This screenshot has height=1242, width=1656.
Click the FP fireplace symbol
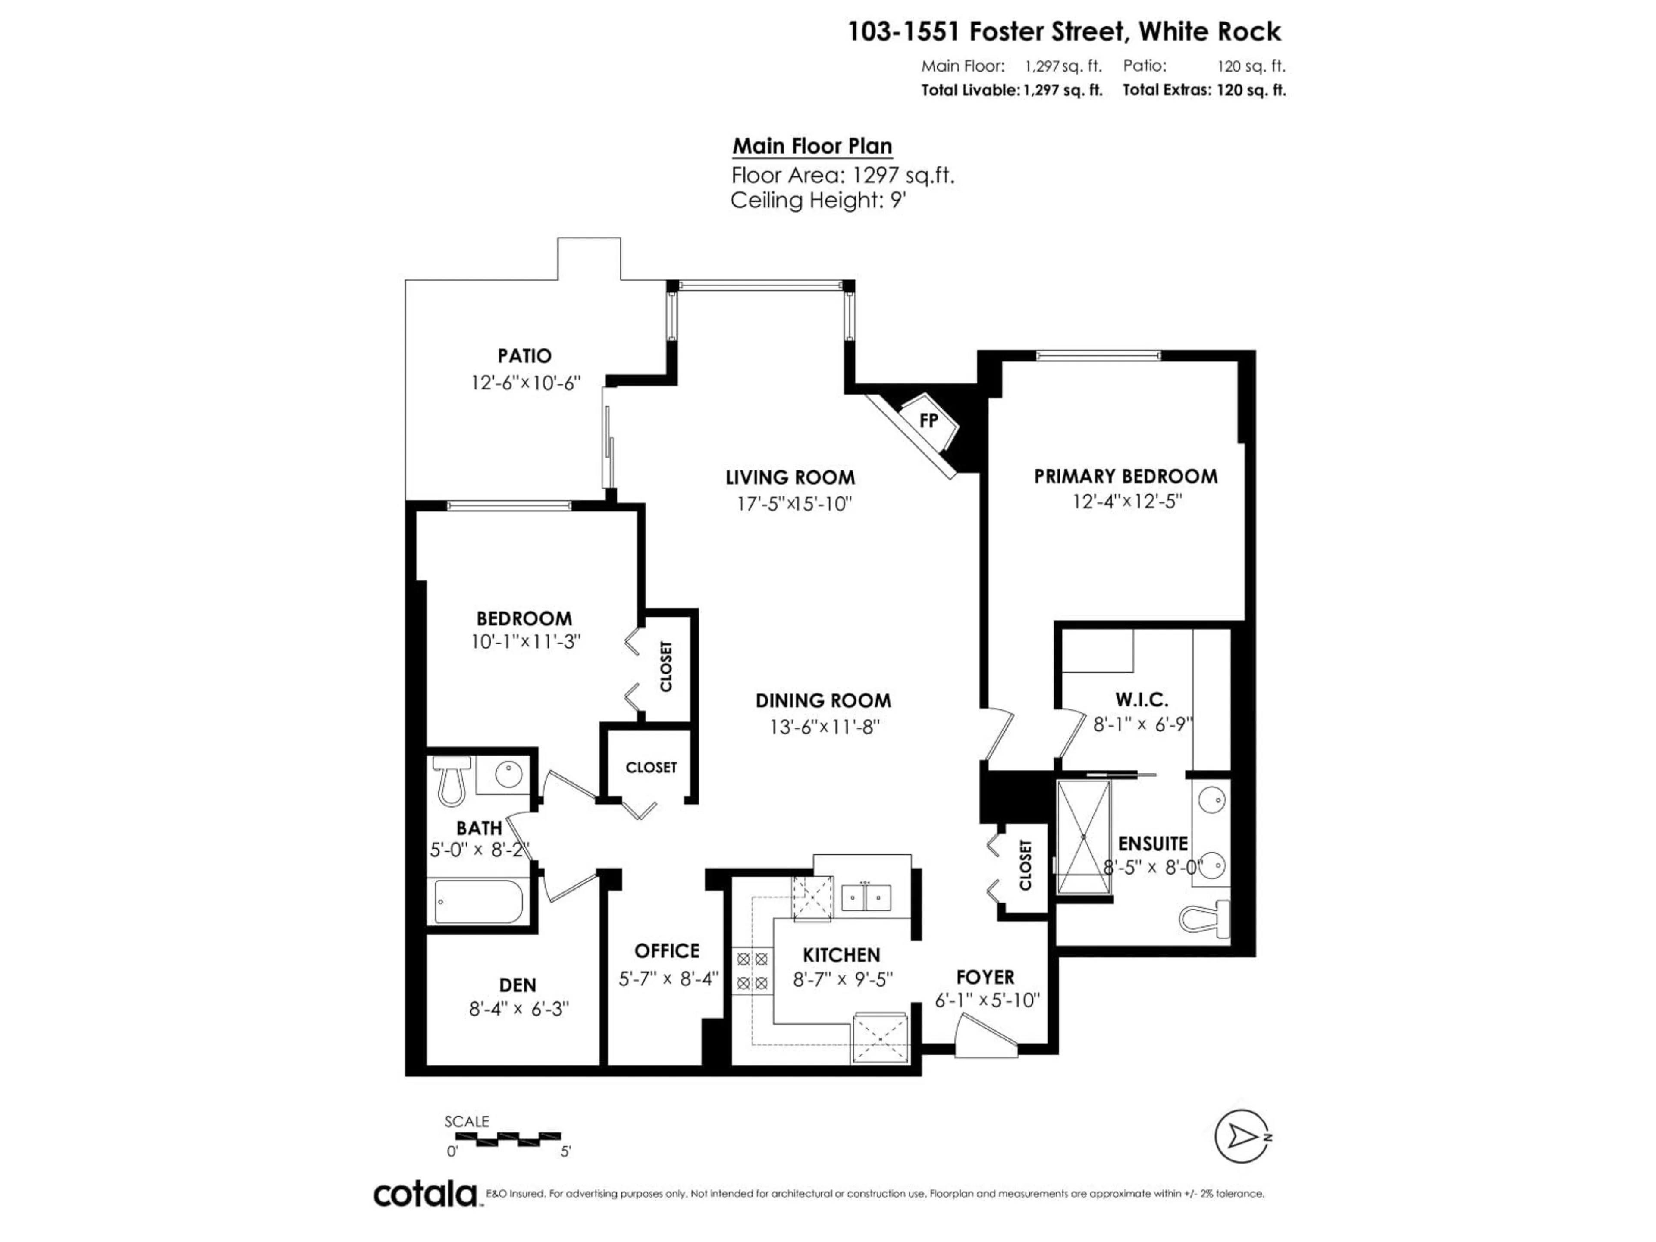(x=928, y=421)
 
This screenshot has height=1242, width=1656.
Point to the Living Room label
(x=790, y=478)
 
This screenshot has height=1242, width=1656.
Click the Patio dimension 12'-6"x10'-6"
(x=526, y=383)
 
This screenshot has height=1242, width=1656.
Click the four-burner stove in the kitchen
(x=752, y=971)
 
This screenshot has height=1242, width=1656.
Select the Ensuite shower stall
(x=1083, y=837)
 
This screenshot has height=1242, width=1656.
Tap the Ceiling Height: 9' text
(x=818, y=201)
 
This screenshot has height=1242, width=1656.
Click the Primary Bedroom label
(x=1125, y=477)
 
